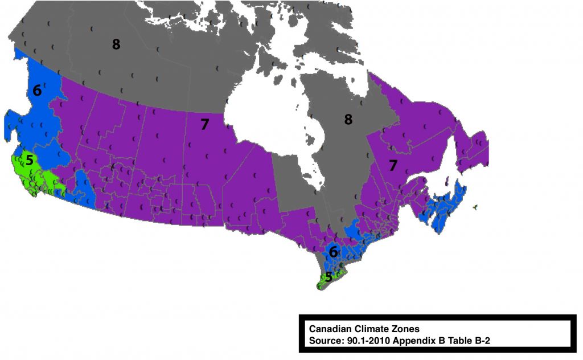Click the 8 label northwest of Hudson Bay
pyautogui.click(x=116, y=44)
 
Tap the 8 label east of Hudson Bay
pyautogui.click(x=348, y=119)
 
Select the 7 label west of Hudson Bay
pyautogui.click(x=204, y=125)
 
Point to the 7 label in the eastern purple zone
pyautogui.click(x=392, y=166)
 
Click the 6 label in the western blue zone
pyautogui.click(x=37, y=91)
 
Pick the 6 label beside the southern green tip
pyautogui.click(x=334, y=252)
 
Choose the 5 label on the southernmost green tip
pyautogui.click(x=328, y=278)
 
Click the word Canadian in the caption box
pyautogui.click(x=329, y=329)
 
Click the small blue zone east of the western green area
pyautogui.click(x=84, y=188)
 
